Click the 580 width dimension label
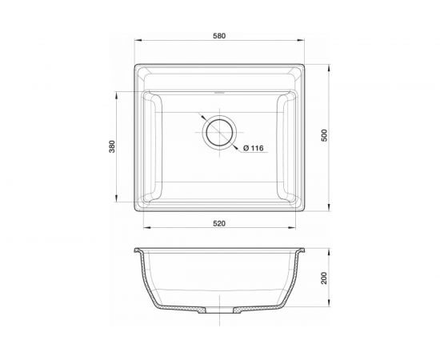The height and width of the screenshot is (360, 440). (x=219, y=36)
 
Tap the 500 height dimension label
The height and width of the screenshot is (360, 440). (x=324, y=135)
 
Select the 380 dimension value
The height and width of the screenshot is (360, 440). (x=112, y=146)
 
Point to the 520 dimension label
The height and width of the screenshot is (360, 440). (x=219, y=224)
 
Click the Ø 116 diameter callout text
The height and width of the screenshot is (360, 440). (x=254, y=148)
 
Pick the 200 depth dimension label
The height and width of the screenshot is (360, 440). (x=324, y=278)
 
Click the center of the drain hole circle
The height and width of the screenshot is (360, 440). (x=219, y=132)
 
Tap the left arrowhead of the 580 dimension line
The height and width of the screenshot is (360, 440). (x=138, y=41)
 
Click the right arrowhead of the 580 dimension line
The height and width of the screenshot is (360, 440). (x=301, y=41)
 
